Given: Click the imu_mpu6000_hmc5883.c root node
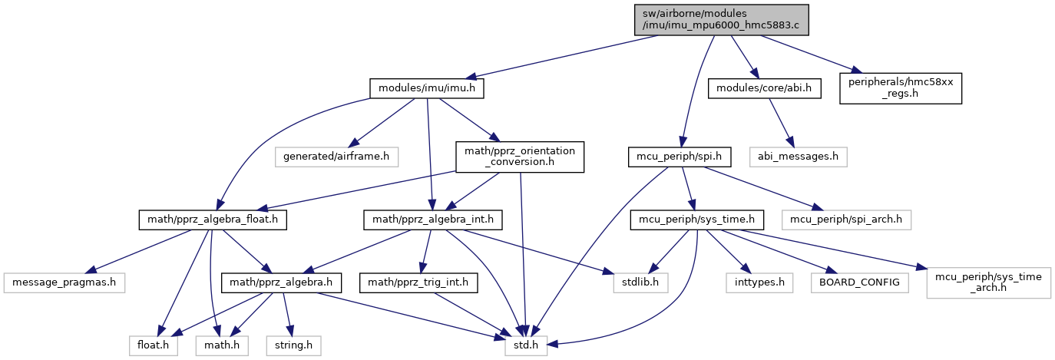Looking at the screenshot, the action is click(x=721, y=20).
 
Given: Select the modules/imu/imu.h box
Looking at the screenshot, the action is click(x=427, y=88).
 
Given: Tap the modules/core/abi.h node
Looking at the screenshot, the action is click(x=765, y=88).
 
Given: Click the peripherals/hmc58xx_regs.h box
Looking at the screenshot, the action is click(x=901, y=88).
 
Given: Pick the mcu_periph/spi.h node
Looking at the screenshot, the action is click(x=680, y=157).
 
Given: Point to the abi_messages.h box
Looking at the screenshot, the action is click(x=799, y=157).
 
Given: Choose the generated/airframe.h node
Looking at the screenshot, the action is click(x=336, y=157).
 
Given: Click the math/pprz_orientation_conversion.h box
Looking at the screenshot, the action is click(x=520, y=157).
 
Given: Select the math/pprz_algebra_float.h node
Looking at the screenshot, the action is click(x=213, y=220).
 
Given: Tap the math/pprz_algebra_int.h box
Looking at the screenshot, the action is click(x=433, y=220).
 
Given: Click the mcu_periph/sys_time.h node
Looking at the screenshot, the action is click(x=697, y=220).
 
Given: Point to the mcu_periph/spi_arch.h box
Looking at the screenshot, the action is click(x=846, y=220).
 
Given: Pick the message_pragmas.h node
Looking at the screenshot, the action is click(x=64, y=282).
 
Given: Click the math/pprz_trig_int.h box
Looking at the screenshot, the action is click(x=418, y=282).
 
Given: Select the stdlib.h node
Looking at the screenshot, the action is click(x=640, y=282).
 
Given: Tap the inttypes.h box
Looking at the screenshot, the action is click(x=759, y=282).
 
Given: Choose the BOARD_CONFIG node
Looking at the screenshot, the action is click(x=859, y=282).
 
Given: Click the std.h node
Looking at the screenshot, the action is click(x=526, y=346).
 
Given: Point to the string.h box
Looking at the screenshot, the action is click(x=294, y=346).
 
